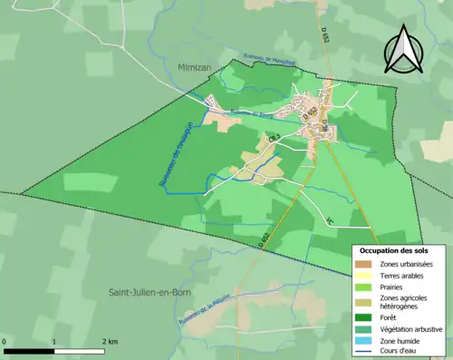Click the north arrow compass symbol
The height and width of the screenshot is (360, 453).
click(x=404, y=49)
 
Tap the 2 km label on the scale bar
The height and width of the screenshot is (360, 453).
click(x=110, y=341)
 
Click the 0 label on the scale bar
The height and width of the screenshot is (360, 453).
click(x=5, y=341)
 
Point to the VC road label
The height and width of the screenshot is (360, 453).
click(x=330, y=220)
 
